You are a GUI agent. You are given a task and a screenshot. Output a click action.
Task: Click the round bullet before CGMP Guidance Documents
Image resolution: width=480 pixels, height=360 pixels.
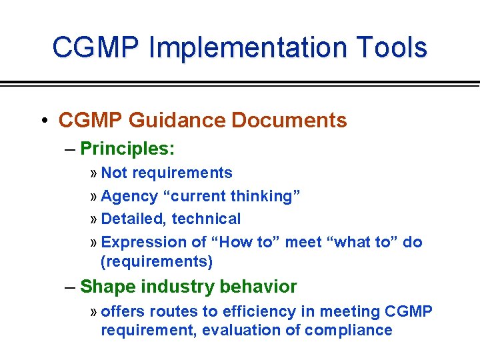(x=43, y=121)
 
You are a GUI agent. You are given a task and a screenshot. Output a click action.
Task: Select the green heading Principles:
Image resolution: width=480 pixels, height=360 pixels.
(x=127, y=148)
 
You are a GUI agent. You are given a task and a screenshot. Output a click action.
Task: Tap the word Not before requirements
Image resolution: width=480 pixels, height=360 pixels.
(x=114, y=173)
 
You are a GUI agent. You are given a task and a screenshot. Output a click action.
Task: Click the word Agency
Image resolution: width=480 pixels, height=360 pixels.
(x=129, y=197)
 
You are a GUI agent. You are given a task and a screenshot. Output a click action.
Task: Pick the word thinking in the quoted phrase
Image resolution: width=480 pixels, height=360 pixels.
(x=265, y=197)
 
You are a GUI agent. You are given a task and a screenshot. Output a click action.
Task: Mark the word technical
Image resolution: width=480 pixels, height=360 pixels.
(x=211, y=219)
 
